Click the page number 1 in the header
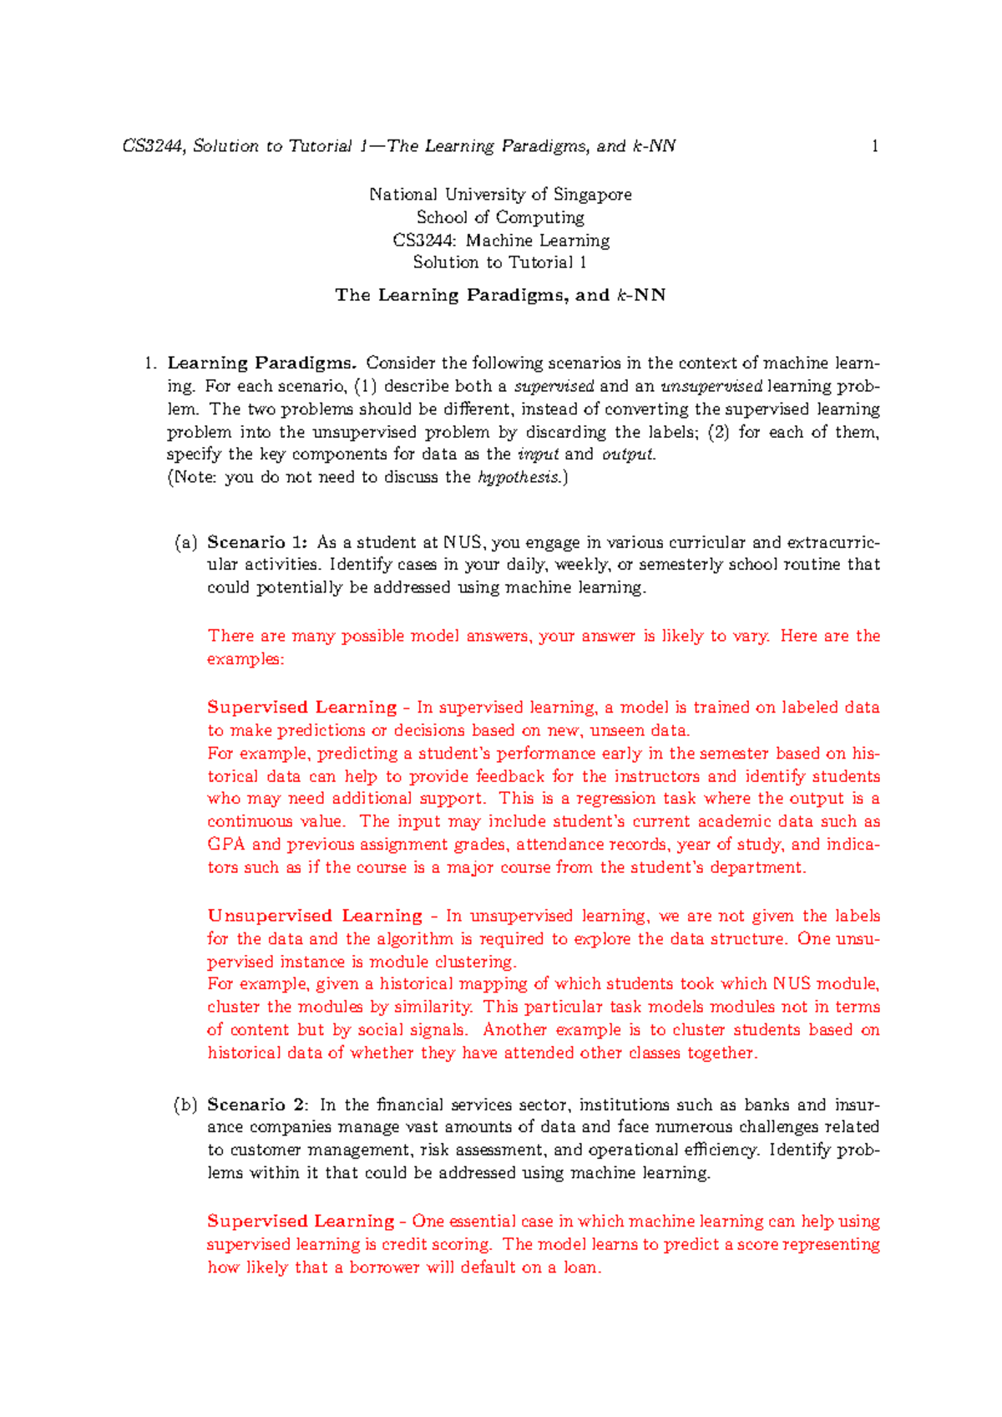click(x=874, y=147)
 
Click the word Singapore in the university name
click(x=593, y=195)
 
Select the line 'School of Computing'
click(x=500, y=217)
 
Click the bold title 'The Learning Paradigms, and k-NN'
click(x=500, y=295)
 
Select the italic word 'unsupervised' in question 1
click(x=711, y=387)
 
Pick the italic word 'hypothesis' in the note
click(x=519, y=478)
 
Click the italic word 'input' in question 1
click(x=539, y=455)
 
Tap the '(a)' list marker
click(x=185, y=543)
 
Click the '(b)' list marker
click(x=185, y=1105)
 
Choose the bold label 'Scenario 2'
click(x=257, y=1105)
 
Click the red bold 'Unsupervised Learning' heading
click(x=315, y=916)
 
